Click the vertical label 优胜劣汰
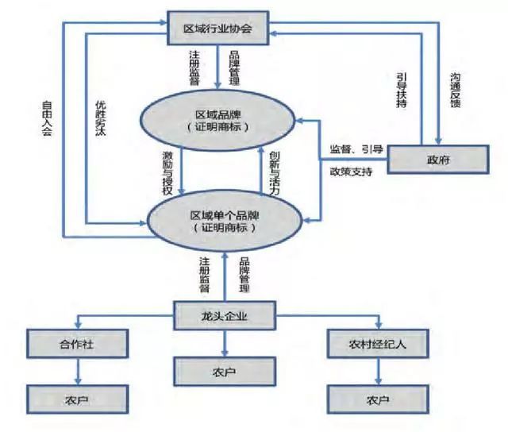tap(102, 119)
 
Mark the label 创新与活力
tap(273, 168)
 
